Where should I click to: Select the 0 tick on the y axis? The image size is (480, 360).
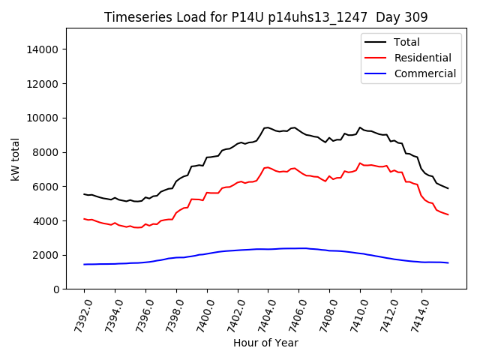pyautogui.click(x=55, y=289)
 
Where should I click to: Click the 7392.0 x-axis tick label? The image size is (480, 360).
pyautogui.click(x=79, y=310)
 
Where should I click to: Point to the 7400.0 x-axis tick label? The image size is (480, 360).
pyautogui.click(x=202, y=310)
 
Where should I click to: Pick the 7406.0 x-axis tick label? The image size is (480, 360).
pyautogui.click(x=294, y=310)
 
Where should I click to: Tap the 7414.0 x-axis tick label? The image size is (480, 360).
pyautogui.click(x=416, y=310)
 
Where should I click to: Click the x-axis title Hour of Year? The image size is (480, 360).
pyautogui.click(x=265, y=343)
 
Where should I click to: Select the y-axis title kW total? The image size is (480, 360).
pyautogui.click(x=16, y=159)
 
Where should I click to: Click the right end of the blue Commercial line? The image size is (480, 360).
pyautogui.click(x=448, y=262)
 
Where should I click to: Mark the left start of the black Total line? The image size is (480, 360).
pyautogui.click(x=84, y=194)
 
